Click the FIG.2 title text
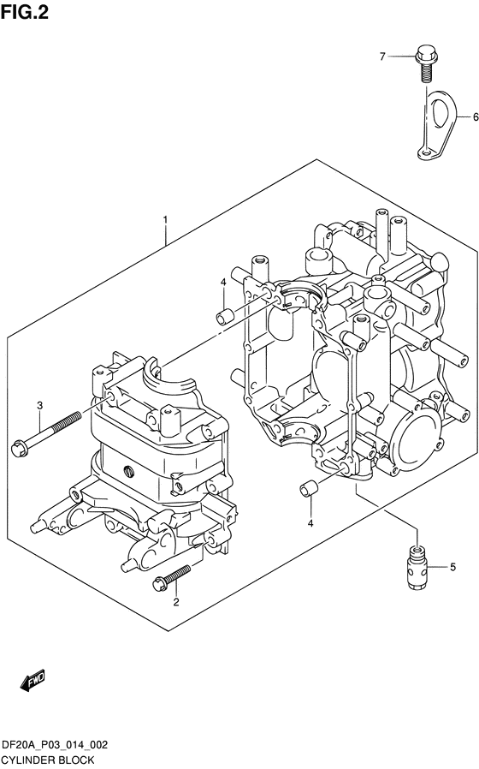pos(25,12)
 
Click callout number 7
pos(383,57)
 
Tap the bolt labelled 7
pos(423,63)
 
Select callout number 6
pos(475,117)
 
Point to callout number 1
pos(166,220)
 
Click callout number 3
pos(40,406)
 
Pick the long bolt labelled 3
pos(46,432)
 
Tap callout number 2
pos(176,602)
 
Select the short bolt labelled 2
pos(171,577)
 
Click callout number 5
pos(452,567)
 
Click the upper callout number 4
pos(223,282)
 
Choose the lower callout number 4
pos(310,524)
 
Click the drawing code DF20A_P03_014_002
pos(55,746)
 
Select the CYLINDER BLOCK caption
pos(48,760)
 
